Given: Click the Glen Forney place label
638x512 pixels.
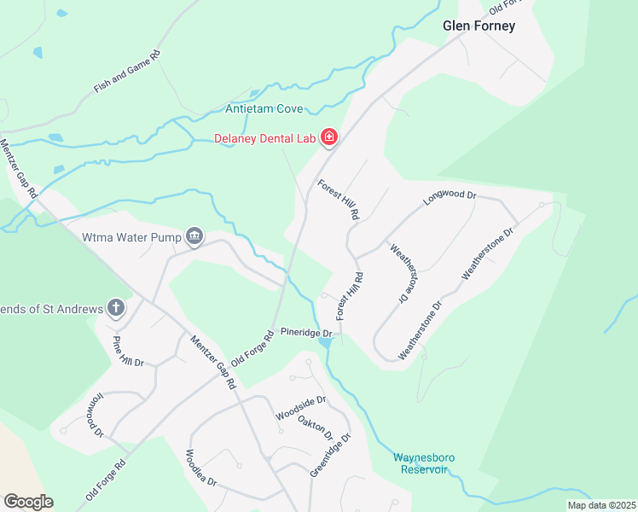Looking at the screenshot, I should pos(478,26).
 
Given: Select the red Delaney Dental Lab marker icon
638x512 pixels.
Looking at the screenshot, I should pos(328,137).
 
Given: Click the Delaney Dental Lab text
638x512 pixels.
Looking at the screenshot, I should pos(265,137).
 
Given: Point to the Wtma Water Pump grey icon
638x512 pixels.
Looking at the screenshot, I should pos(194,236).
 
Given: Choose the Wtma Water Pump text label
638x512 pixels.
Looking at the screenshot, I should pos(131,237).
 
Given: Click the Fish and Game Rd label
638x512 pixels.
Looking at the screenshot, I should pos(127,71).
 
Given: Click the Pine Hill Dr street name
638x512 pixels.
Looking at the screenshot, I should pos(129,351).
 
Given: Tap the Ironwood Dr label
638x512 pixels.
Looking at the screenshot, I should pos(94,415).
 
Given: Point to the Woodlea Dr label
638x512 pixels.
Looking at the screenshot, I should pos(201,468).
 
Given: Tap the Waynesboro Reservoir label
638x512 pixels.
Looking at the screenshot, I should pos(423,463).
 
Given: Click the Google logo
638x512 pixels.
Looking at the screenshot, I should pos(28,502).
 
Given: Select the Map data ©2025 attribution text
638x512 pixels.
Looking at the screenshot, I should pos(600,505).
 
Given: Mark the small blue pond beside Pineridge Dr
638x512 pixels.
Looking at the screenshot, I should pos(325,342).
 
